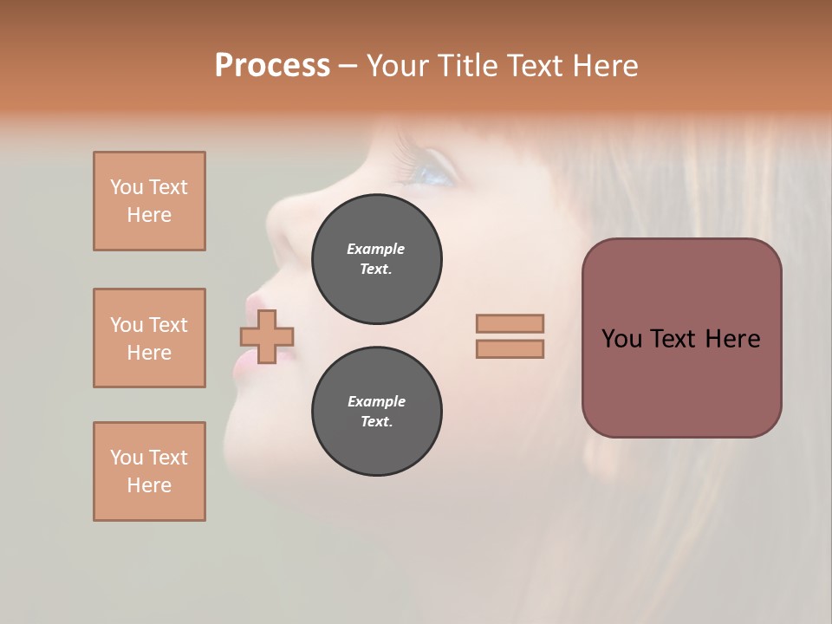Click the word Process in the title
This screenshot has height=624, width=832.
[x=272, y=66]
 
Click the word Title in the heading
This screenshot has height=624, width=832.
[x=466, y=66]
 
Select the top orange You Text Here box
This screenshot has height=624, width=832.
[x=149, y=201]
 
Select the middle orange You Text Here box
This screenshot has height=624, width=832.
[x=149, y=338]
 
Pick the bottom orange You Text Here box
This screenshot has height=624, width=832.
[x=149, y=471]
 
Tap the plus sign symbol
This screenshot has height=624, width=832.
[x=267, y=336]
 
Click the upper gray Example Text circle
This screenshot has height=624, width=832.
[x=376, y=259]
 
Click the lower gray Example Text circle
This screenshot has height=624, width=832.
[x=376, y=412]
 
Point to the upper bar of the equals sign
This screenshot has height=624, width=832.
[x=510, y=323]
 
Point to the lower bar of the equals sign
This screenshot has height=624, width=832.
[x=510, y=349]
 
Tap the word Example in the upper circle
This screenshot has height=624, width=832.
[x=375, y=249]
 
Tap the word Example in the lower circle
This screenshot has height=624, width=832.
[x=376, y=401]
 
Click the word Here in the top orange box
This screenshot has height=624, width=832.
[x=149, y=215]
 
